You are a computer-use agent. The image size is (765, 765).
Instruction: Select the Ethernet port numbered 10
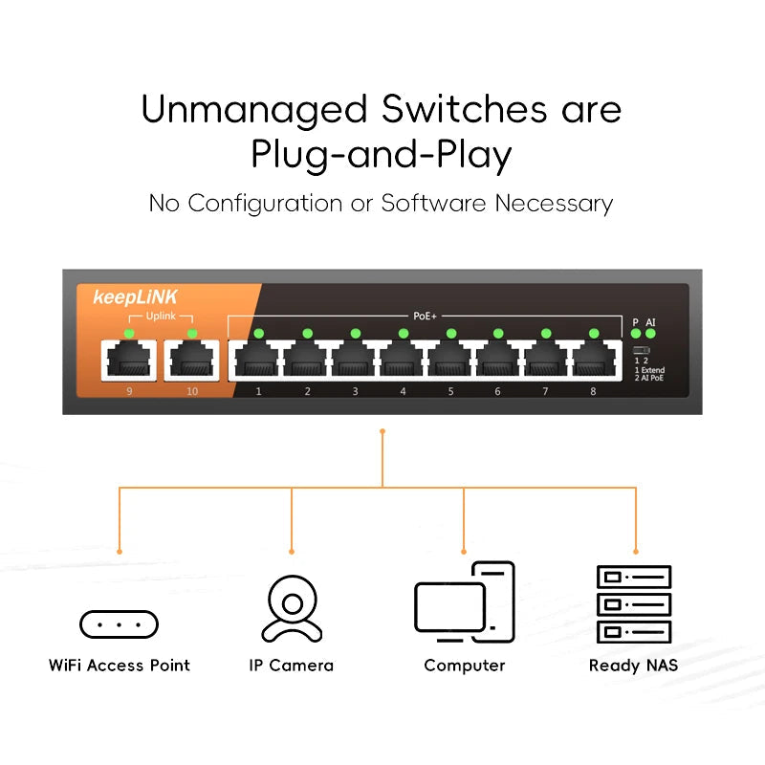click(x=191, y=361)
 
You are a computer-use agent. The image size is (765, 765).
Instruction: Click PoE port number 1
click(x=258, y=361)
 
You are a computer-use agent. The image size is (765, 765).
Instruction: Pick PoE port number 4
click(x=403, y=361)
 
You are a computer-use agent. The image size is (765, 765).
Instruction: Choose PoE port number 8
click(x=594, y=361)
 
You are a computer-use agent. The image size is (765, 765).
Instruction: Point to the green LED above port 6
click(x=498, y=333)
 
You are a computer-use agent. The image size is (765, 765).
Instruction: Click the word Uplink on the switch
click(x=160, y=317)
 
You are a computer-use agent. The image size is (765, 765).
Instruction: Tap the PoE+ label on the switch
click(x=425, y=315)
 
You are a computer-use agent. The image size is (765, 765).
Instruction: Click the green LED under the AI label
click(x=651, y=335)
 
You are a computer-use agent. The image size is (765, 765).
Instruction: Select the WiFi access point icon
click(x=119, y=624)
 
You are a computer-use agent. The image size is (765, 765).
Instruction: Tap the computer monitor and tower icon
click(x=465, y=601)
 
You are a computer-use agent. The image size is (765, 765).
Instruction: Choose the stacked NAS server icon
click(x=634, y=603)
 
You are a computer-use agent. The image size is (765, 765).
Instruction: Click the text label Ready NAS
click(x=633, y=666)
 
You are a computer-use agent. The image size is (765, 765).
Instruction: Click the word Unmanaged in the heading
click(x=254, y=109)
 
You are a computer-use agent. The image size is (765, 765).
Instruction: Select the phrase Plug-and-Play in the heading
click(x=382, y=155)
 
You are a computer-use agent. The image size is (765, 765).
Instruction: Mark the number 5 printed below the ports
click(x=450, y=391)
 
